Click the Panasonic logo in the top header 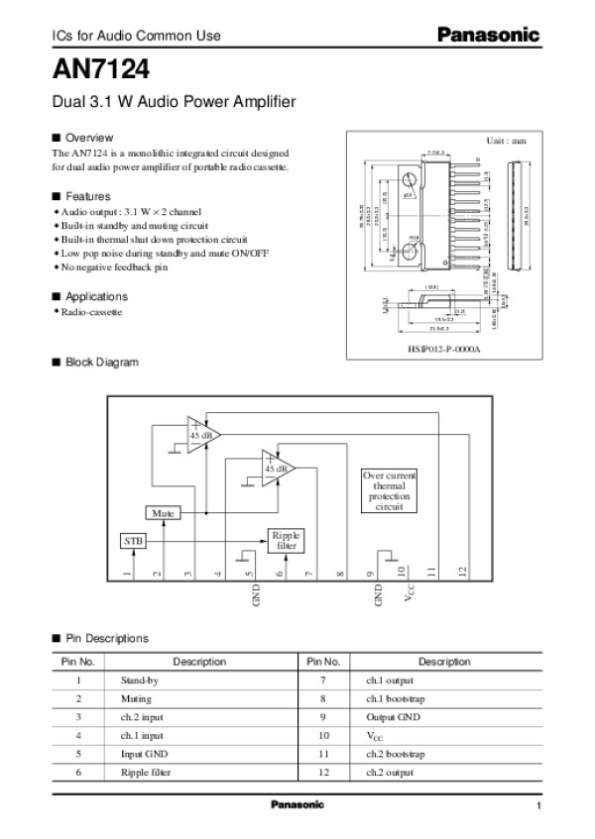pyautogui.click(x=490, y=35)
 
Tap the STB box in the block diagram pyautogui.click(x=132, y=541)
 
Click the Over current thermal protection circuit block pyautogui.click(x=390, y=490)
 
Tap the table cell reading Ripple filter pyautogui.click(x=141, y=771)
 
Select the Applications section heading pyautogui.click(x=96, y=296)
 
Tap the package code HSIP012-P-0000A pyautogui.click(x=443, y=349)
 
